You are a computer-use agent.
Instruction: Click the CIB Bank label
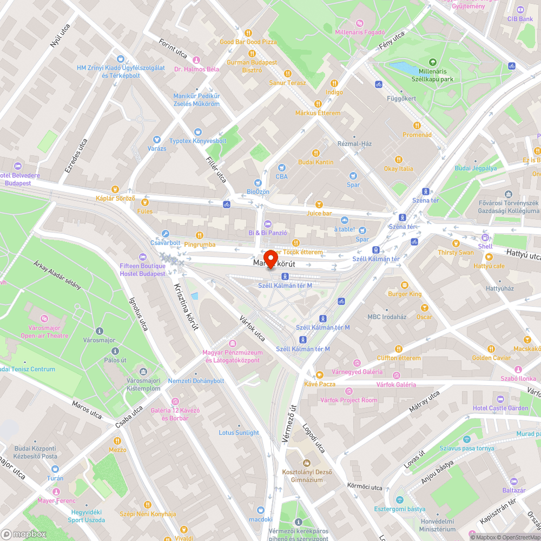click(x=520, y=18)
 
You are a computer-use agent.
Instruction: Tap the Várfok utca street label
click(x=253, y=328)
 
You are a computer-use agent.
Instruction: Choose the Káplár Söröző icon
click(x=115, y=189)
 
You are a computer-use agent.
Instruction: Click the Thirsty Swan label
click(x=456, y=252)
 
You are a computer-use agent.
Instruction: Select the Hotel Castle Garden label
click(x=500, y=408)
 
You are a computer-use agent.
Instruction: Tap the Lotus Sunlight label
click(x=239, y=433)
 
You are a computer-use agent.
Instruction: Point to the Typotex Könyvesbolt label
click(x=197, y=141)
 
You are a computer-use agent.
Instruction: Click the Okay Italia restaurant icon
click(x=399, y=160)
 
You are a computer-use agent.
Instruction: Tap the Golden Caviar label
click(x=491, y=358)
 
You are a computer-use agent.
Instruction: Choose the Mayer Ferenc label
click(x=56, y=500)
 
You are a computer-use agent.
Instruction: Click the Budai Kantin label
click(x=316, y=162)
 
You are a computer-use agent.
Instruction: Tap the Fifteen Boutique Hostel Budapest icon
click(x=143, y=256)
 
